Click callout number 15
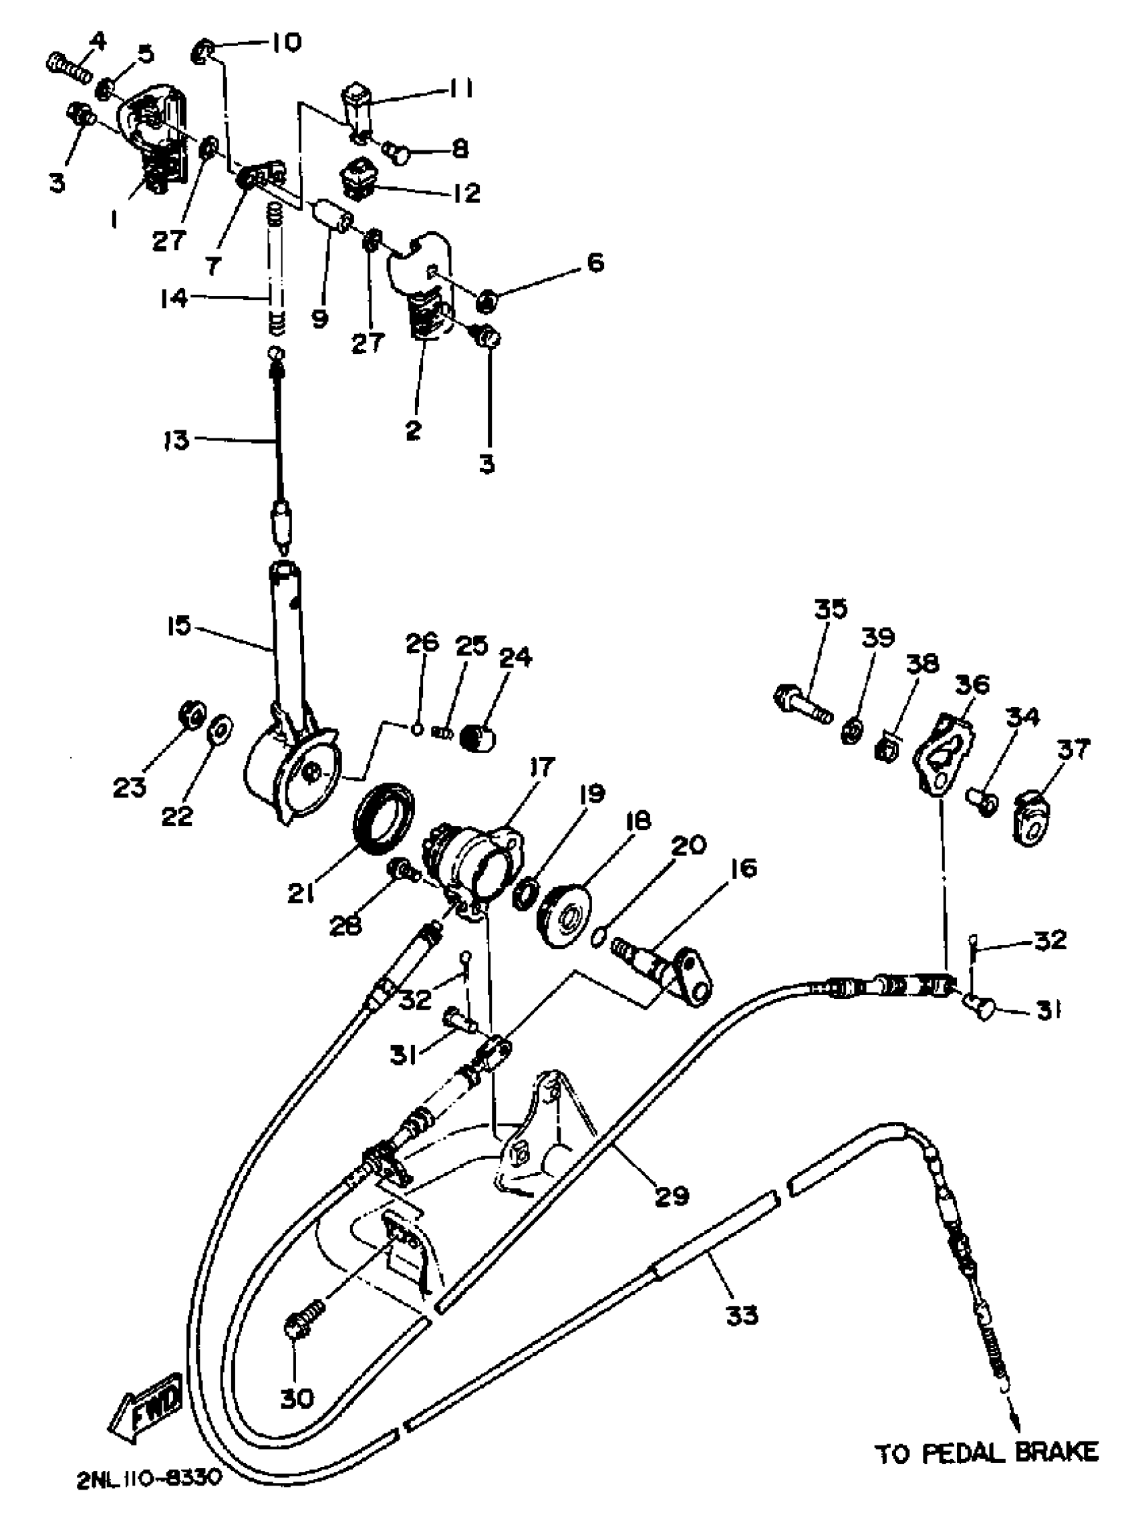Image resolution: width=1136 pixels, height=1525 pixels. coord(178,627)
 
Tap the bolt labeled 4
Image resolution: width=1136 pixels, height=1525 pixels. coord(68,68)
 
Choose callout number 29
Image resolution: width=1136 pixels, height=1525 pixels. coord(671,1196)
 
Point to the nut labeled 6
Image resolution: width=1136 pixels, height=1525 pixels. coord(488,299)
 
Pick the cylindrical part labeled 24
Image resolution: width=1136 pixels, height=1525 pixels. coord(480,738)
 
